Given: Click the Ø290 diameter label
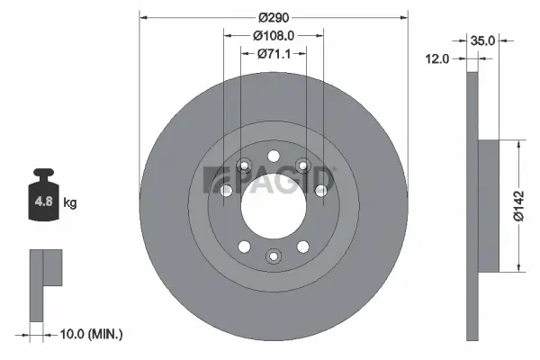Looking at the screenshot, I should point(274,17).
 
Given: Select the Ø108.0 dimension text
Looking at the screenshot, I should point(274,35).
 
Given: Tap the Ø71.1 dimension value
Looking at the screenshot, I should point(274,53).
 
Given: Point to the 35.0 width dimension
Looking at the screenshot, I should point(483,40).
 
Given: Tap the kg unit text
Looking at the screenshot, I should point(70,203).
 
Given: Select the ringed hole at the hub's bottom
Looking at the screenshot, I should point(274,256).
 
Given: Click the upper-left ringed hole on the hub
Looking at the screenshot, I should point(244,164).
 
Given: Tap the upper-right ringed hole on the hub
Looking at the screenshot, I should point(303,164).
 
